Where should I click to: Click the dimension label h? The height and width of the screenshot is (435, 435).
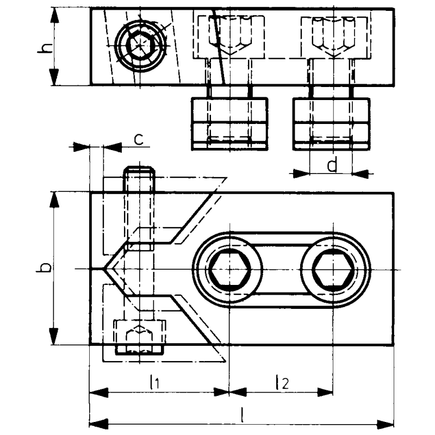coord(47,48)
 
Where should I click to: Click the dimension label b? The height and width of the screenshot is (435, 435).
coord(47,268)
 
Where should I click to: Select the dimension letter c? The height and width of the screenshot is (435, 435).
coord(139,139)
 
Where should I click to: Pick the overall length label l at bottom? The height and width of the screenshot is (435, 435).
coord(241,415)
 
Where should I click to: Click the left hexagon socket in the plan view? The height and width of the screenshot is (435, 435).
coord(228,269)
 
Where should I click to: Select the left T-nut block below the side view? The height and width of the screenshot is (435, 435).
coord(229,123)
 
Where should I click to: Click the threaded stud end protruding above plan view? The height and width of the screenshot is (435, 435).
coord(139,177)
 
